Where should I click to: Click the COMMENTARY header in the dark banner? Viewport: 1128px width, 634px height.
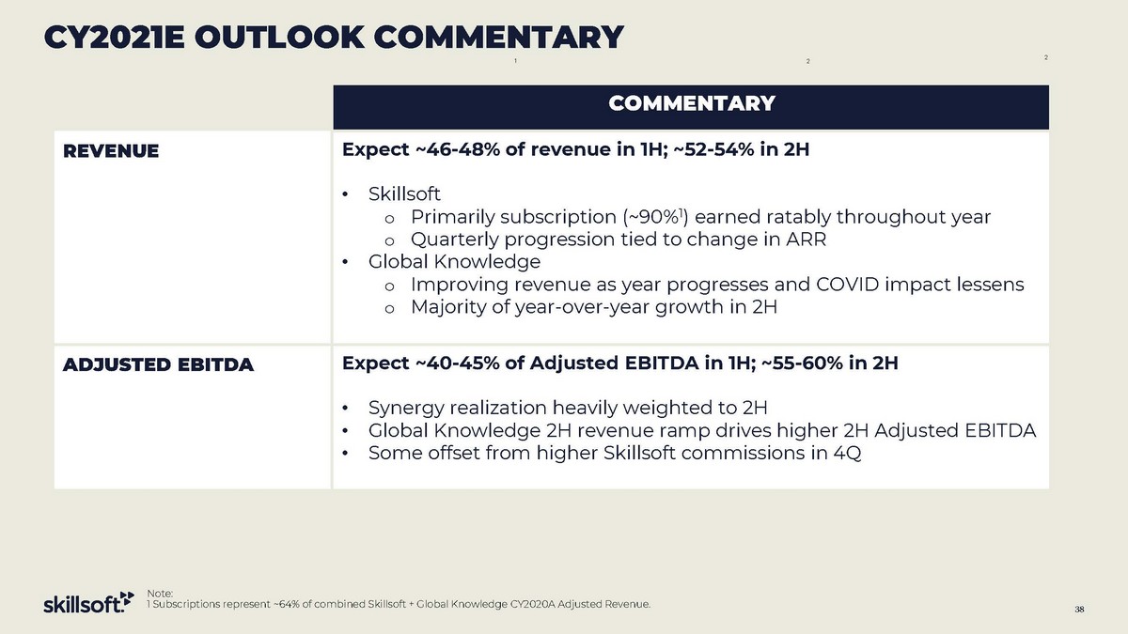[691, 103]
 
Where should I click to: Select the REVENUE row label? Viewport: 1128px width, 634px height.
[110, 150]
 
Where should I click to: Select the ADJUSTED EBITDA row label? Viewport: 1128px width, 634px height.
[158, 365]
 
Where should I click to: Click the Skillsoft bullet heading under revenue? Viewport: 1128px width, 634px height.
[404, 194]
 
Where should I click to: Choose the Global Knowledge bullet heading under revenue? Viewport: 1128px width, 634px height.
[454, 261]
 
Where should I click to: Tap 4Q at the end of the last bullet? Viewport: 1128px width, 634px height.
[848, 453]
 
